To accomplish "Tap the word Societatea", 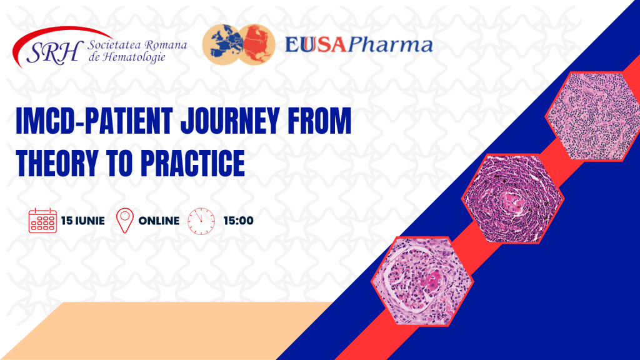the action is click(109, 44).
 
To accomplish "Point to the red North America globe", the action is click(257, 44).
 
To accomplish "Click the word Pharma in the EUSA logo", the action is click(390, 45).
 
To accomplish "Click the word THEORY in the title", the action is click(57, 163).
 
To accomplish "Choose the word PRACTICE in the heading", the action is click(192, 163).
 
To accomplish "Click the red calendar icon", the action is click(42, 221).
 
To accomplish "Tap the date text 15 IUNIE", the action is click(83, 221).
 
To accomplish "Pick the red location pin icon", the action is click(125, 221).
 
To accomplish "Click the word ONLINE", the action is click(159, 221).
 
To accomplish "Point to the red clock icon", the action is click(201, 221).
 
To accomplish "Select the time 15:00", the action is click(238, 221).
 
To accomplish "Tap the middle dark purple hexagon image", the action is click(512, 199).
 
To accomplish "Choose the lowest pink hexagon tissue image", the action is click(422, 281).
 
